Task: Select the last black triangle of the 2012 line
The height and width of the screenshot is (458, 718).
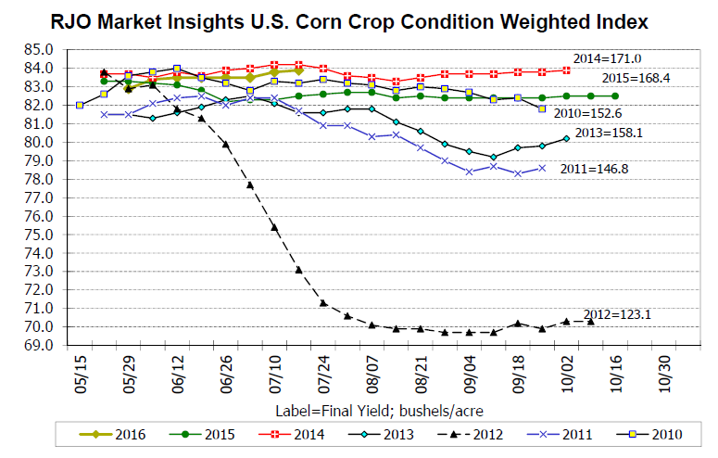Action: pos(590,321)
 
